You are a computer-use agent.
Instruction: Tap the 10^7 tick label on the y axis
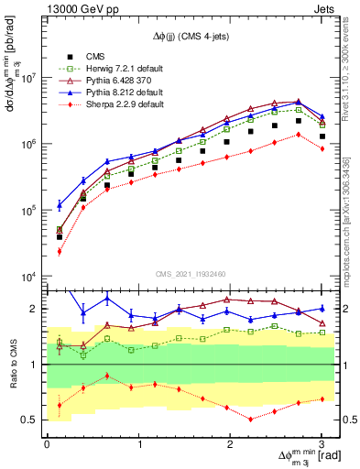[x=27, y=78]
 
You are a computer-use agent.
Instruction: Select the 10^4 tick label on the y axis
[x=27, y=277]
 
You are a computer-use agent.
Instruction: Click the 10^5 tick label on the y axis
[x=27, y=211]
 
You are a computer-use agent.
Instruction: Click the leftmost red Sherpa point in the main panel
[x=59, y=251]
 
